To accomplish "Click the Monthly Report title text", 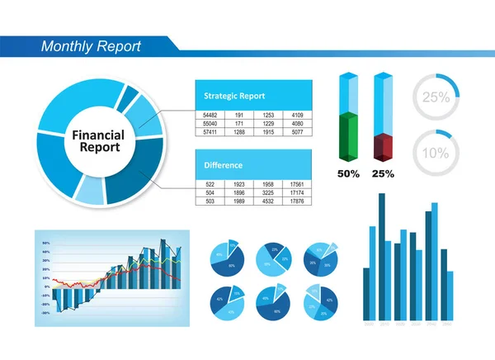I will [x=91, y=46].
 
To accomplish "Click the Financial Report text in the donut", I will [x=97, y=141].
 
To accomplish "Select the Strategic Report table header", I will [x=233, y=95].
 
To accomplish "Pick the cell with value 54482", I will [x=210, y=115].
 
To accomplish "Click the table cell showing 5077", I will [x=297, y=132].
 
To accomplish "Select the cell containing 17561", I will [x=297, y=184].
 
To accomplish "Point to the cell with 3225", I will [x=268, y=192].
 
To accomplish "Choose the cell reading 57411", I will [x=210, y=132].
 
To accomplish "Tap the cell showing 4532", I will [x=268, y=201].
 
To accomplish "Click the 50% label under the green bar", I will [x=349, y=174].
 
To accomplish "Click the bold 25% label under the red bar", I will [x=383, y=174].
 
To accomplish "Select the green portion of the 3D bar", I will [x=349, y=139].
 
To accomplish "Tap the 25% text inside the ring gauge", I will [x=436, y=97].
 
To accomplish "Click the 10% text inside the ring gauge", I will [x=436, y=153].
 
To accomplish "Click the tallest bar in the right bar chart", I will [x=381, y=256].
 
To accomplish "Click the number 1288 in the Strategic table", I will [x=239, y=132].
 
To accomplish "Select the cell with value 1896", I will [x=239, y=192].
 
